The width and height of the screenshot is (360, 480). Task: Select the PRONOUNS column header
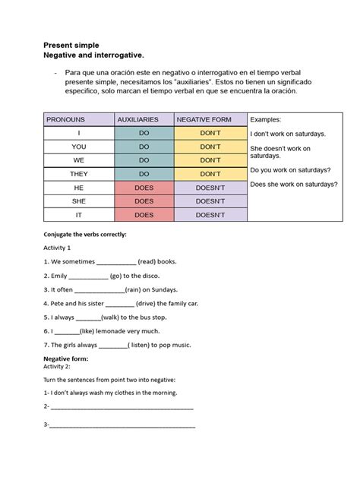(x=66, y=119)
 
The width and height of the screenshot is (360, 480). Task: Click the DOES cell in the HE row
(x=144, y=188)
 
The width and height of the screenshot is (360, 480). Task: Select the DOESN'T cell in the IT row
(x=210, y=215)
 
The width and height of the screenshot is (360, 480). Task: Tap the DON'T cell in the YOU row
(x=210, y=147)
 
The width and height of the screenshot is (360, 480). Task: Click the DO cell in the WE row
(x=144, y=160)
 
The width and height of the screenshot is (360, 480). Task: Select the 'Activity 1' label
(x=57, y=248)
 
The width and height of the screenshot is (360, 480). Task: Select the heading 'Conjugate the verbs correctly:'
(x=84, y=235)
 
